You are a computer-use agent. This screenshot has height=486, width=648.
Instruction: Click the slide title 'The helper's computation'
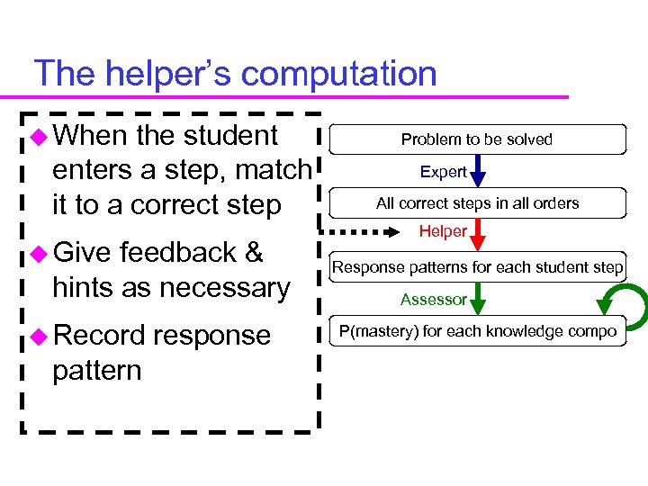pos(234,73)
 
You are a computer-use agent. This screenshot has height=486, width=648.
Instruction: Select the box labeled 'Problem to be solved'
pos(476,139)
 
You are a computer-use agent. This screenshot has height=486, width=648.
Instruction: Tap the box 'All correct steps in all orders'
pos(476,203)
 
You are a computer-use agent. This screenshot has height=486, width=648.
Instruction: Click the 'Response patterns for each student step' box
pos(478,267)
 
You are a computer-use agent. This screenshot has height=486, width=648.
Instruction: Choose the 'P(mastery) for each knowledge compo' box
pos(478,331)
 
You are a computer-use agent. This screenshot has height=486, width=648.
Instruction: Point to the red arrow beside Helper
pos(479,235)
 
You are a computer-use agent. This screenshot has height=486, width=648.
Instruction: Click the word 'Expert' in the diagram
pos(443,172)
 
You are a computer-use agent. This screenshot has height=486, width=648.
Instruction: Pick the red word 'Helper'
pos(443,232)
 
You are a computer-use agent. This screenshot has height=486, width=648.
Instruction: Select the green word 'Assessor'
pos(433,300)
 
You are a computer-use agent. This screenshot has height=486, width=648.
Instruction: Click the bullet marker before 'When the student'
pos(37,137)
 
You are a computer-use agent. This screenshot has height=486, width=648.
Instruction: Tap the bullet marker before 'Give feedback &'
pos(37,254)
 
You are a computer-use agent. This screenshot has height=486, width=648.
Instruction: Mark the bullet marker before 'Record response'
pos(37,336)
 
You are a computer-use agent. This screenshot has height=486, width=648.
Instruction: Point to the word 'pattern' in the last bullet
pos(97,371)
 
